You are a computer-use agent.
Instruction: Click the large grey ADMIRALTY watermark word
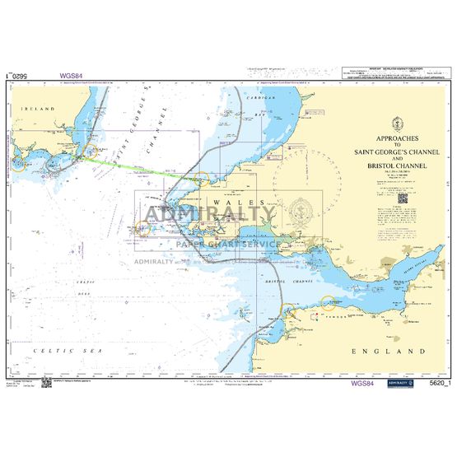pos(210,216)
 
